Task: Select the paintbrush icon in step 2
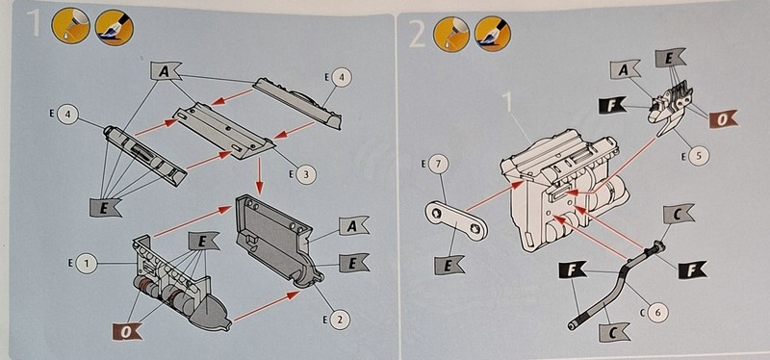click(x=493, y=34)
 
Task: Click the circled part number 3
click(x=306, y=174)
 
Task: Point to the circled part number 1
click(x=87, y=264)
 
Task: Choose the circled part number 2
click(x=340, y=320)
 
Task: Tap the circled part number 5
click(x=700, y=156)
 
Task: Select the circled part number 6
click(x=658, y=311)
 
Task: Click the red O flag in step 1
click(x=128, y=332)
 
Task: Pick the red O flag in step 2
click(x=724, y=119)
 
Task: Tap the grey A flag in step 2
click(x=626, y=69)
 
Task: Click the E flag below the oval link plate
click(x=450, y=266)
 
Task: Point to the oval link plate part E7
click(x=456, y=220)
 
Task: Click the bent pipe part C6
click(x=616, y=284)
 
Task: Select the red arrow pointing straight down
click(x=259, y=177)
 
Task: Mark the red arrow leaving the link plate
click(x=494, y=196)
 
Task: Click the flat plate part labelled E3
click(x=223, y=130)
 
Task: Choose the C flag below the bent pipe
click(x=614, y=332)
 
